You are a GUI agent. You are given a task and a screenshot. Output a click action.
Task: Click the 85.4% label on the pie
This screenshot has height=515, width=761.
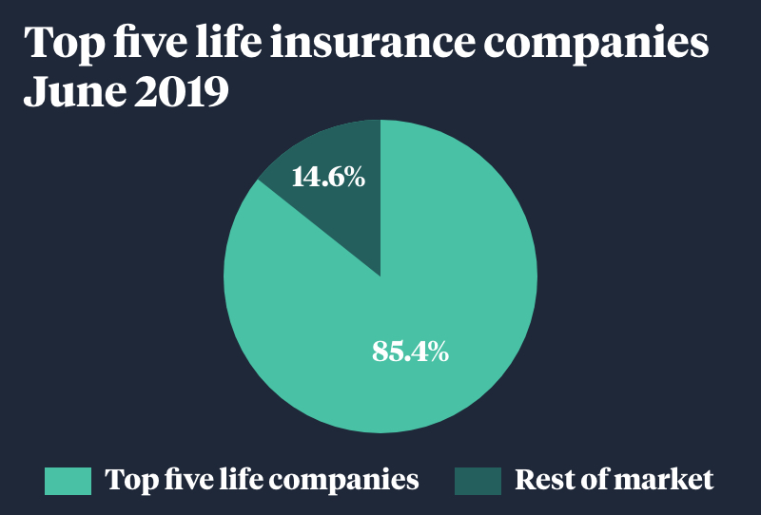pyautogui.click(x=410, y=352)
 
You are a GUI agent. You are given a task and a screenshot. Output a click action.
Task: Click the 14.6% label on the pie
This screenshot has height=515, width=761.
pyautogui.click(x=327, y=177)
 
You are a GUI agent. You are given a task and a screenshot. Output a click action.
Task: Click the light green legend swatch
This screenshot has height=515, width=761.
pyautogui.click(x=68, y=481)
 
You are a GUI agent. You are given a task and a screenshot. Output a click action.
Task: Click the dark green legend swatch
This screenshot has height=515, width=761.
pyautogui.click(x=478, y=481)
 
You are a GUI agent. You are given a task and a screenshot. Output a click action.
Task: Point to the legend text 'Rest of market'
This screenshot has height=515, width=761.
pyautogui.click(x=614, y=481)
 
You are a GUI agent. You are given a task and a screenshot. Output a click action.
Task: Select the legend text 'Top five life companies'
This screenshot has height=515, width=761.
pyautogui.click(x=262, y=481)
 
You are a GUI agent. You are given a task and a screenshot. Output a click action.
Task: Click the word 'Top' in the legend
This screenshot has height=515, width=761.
pyautogui.click(x=129, y=481)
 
